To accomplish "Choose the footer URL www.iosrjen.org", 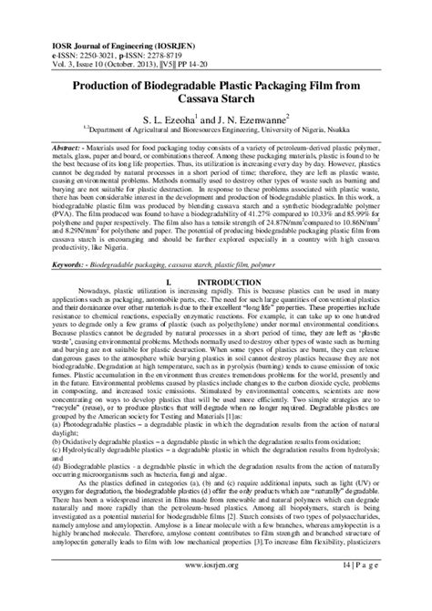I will tap(217, 590).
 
